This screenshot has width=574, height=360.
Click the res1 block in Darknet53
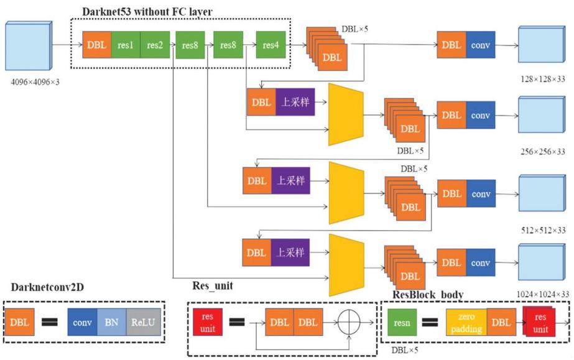point(126,45)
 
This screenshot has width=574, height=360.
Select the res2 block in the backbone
point(155,45)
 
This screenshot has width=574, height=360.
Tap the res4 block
point(271,45)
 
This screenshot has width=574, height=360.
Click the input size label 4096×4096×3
point(35,82)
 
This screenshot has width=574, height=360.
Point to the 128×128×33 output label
point(543,79)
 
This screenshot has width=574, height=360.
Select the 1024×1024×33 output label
point(543,294)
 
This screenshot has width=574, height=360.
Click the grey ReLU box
point(143,322)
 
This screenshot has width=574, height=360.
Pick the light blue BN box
point(112,322)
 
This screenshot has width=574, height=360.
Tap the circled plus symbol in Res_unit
point(348,323)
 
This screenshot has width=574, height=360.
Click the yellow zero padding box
point(466,322)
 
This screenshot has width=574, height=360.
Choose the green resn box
point(402,322)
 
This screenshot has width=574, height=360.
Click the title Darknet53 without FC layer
point(147,12)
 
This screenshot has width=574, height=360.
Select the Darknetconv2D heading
point(47,287)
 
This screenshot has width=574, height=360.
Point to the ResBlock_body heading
point(428,295)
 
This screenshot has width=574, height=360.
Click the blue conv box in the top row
point(481,45)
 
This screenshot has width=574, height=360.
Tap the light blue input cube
point(29,46)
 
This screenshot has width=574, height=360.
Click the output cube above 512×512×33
point(542,193)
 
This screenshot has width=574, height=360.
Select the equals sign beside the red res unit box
point(237,322)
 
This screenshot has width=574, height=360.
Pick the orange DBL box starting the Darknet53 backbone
point(96,45)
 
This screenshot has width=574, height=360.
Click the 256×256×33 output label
point(543,152)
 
